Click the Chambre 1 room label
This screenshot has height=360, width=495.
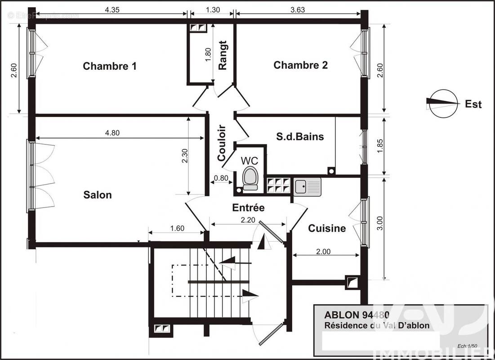tap(110, 66)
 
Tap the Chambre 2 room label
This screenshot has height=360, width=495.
tap(300, 65)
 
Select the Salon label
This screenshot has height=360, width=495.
tap(98, 195)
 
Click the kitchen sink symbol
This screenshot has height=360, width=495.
tap(308, 186)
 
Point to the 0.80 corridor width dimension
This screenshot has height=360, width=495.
tap(221, 178)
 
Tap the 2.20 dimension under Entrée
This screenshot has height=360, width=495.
tap(248, 220)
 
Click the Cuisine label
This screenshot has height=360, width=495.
tap(327, 229)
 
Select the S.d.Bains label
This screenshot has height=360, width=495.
tap(300, 137)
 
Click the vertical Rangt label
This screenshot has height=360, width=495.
tap(223, 55)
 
